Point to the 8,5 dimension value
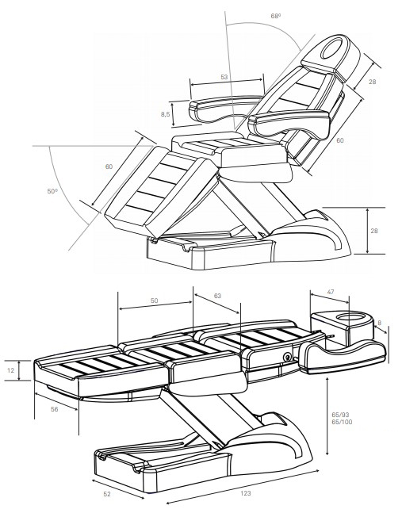[165, 115]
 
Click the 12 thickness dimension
[10, 370]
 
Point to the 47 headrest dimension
[330, 293]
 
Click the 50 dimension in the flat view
[154, 302]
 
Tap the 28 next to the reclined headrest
[372, 82]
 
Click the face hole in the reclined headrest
[334, 50]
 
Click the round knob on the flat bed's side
[288, 356]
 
